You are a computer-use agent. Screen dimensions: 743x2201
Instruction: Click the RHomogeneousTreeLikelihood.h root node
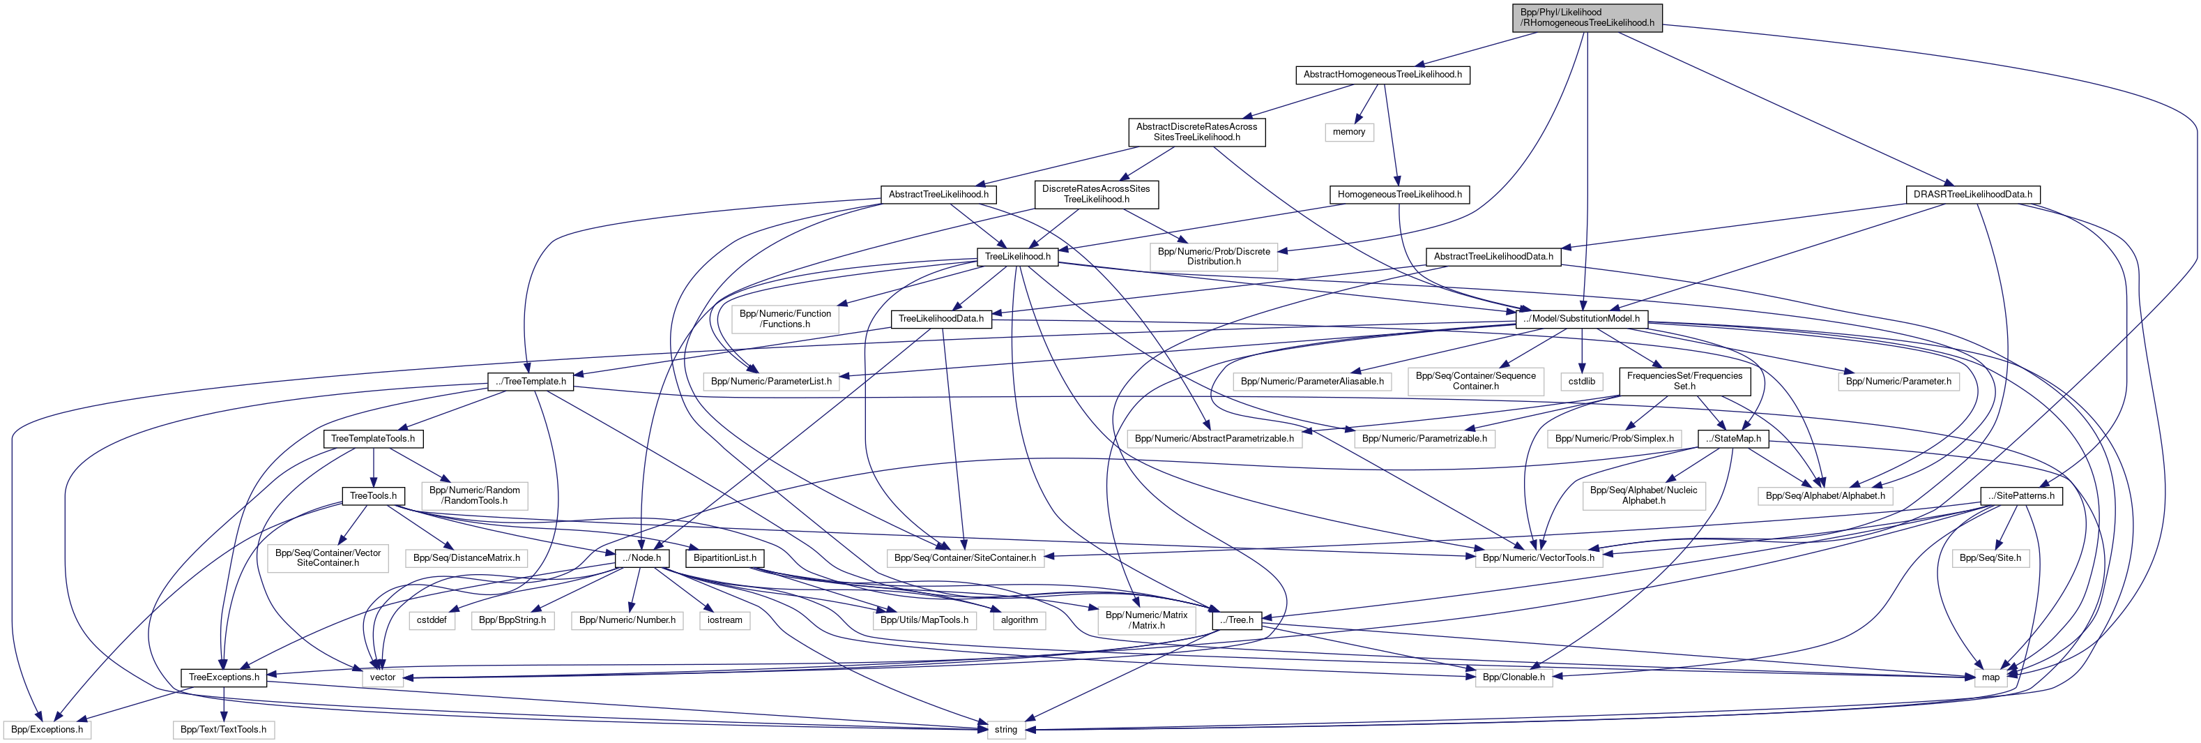(x=1587, y=17)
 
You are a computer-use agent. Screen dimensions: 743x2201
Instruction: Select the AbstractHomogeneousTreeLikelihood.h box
(x=1382, y=75)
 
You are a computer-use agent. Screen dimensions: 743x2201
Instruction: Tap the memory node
(x=1348, y=132)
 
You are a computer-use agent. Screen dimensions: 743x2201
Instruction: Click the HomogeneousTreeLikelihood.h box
(x=1399, y=194)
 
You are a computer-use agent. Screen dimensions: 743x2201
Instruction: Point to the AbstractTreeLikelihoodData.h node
(x=1493, y=257)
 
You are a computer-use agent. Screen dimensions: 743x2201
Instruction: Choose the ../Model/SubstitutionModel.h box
(x=1581, y=318)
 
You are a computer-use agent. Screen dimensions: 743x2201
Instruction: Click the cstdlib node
(x=1581, y=382)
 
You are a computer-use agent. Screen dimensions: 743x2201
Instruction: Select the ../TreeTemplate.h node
(x=531, y=382)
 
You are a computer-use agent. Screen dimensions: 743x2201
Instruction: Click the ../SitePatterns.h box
(x=2020, y=496)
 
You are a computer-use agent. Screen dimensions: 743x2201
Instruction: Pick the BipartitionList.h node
(x=724, y=557)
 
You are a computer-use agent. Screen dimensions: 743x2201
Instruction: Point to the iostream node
(x=724, y=620)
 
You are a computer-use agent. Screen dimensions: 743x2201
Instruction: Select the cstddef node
(x=432, y=620)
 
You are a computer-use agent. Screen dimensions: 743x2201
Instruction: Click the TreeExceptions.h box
(x=224, y=677)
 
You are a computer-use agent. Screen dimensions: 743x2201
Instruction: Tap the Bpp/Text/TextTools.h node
(x=223, y=729)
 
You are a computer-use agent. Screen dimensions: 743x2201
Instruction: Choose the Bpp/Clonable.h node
(x=1513, y=677)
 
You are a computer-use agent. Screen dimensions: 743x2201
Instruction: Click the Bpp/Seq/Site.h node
(x=1990, y=557)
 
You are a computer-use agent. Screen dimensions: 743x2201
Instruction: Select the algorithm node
(x=1019, y=620)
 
